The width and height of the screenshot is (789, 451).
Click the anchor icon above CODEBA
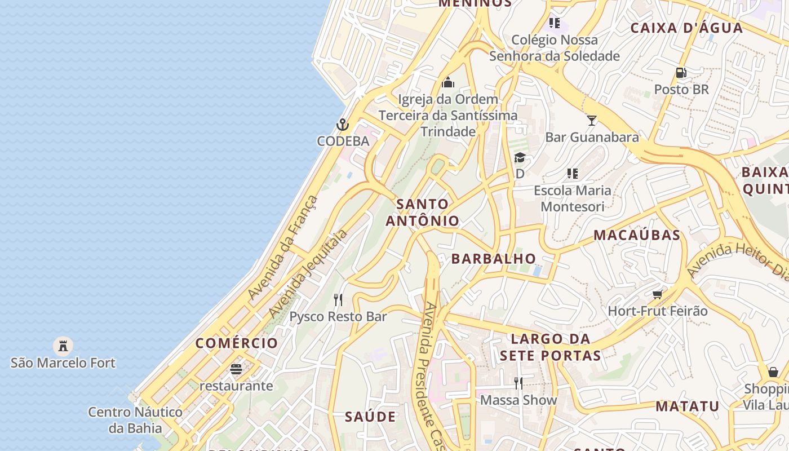343,125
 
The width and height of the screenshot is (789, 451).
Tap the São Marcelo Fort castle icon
63,345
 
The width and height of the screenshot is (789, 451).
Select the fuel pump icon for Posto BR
681,73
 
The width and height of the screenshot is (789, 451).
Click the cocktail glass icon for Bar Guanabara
591,120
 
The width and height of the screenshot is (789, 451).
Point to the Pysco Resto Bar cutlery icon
338,299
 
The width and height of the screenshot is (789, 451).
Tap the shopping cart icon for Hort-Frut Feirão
657,294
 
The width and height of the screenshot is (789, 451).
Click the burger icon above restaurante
236,369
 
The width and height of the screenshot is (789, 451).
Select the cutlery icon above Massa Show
518,383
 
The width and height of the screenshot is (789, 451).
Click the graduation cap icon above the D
520,158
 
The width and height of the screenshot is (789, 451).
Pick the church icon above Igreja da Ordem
448,83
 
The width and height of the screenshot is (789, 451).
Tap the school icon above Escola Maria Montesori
572,174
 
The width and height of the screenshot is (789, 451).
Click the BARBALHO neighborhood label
494,259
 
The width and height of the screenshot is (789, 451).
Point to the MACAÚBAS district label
637,235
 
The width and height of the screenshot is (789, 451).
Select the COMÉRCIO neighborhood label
237,343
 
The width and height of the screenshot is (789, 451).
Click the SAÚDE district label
370,417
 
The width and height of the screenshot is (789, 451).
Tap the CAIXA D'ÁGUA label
686,28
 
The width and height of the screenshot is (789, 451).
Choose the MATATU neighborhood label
687,406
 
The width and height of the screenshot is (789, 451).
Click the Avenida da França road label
283,248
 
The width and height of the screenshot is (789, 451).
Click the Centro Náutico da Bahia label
135,420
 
